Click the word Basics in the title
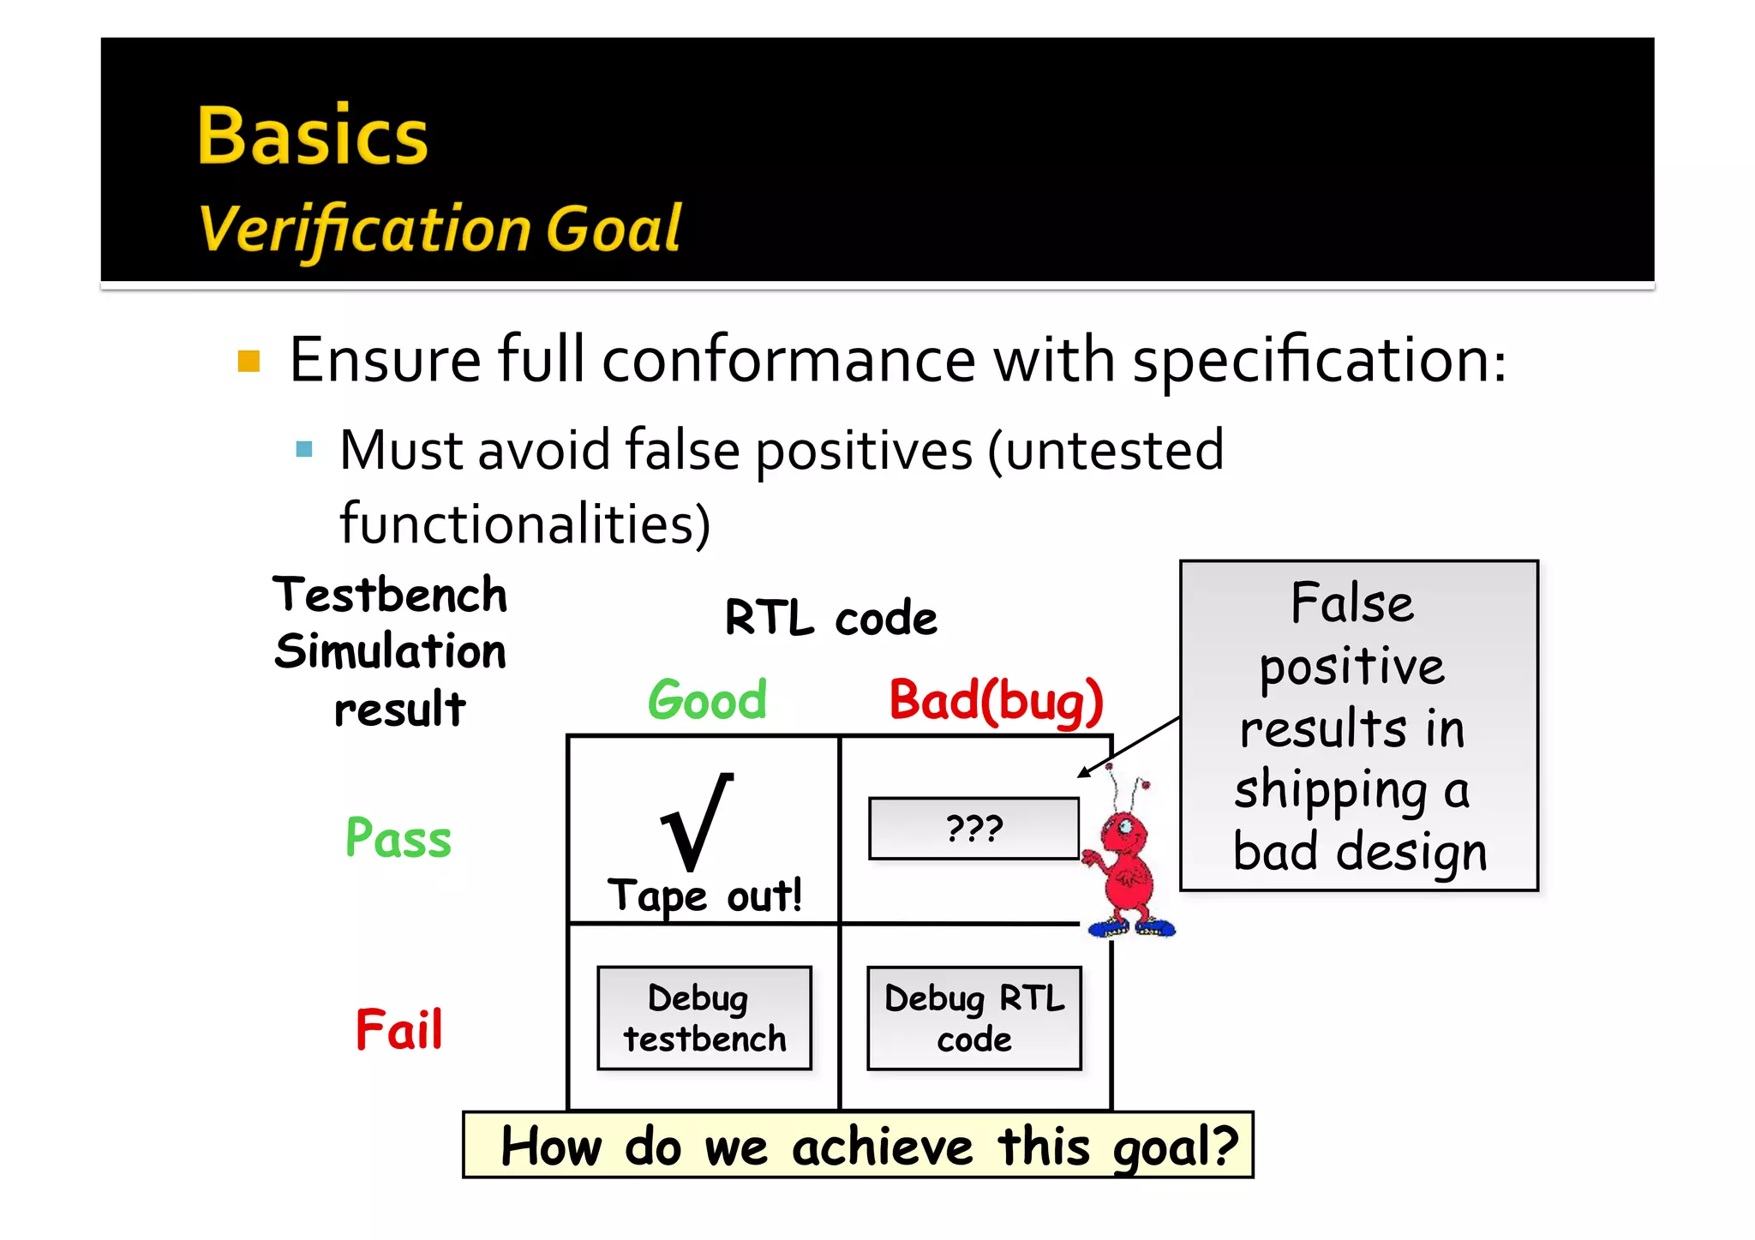(x=312, y=136)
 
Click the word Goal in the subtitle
(x=613, y=229)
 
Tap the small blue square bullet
(x=303, y=449)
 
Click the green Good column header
(x=707, y=700)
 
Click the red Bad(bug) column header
(x=996, y=701)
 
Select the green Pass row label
(x=398, y=838)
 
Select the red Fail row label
(x=398, y=1029)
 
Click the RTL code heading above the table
(x=830, y=618)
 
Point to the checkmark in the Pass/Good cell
(x=697, y=821)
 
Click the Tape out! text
(x=704, y=896)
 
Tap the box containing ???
(x=973, y=829)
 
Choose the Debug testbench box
(x=704, y=1018)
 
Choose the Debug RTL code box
(x=974, y=1018)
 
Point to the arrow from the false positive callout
(x=1129, y=746)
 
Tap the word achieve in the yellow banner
(x=882, y=1147)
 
